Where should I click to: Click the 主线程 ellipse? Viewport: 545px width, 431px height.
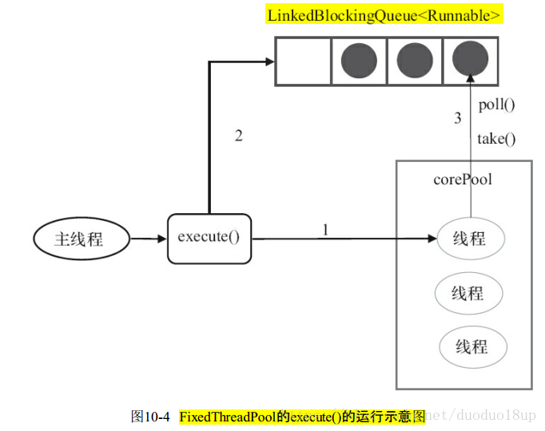[79, 239]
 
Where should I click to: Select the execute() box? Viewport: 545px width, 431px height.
[209, 238]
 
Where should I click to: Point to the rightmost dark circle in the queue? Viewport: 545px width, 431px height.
[471, 61]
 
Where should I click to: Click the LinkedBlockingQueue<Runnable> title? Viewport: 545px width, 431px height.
[385, 15]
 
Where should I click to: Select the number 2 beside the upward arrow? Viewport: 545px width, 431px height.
[238, 136]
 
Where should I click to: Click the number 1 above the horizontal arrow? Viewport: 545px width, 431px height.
[325, 229]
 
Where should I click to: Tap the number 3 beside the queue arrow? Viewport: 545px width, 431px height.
[458, 119]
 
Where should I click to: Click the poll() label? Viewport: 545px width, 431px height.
[497, 105]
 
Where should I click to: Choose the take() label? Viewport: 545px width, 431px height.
[496, 139]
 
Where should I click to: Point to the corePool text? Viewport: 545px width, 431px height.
[463, 179]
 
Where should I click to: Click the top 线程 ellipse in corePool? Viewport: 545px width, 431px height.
[470, 239]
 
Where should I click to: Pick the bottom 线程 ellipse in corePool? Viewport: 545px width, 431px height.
[471, 346]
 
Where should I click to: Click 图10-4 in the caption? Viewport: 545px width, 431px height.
[151, 417]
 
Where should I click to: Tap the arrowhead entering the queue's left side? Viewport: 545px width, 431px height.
[269, 61]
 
